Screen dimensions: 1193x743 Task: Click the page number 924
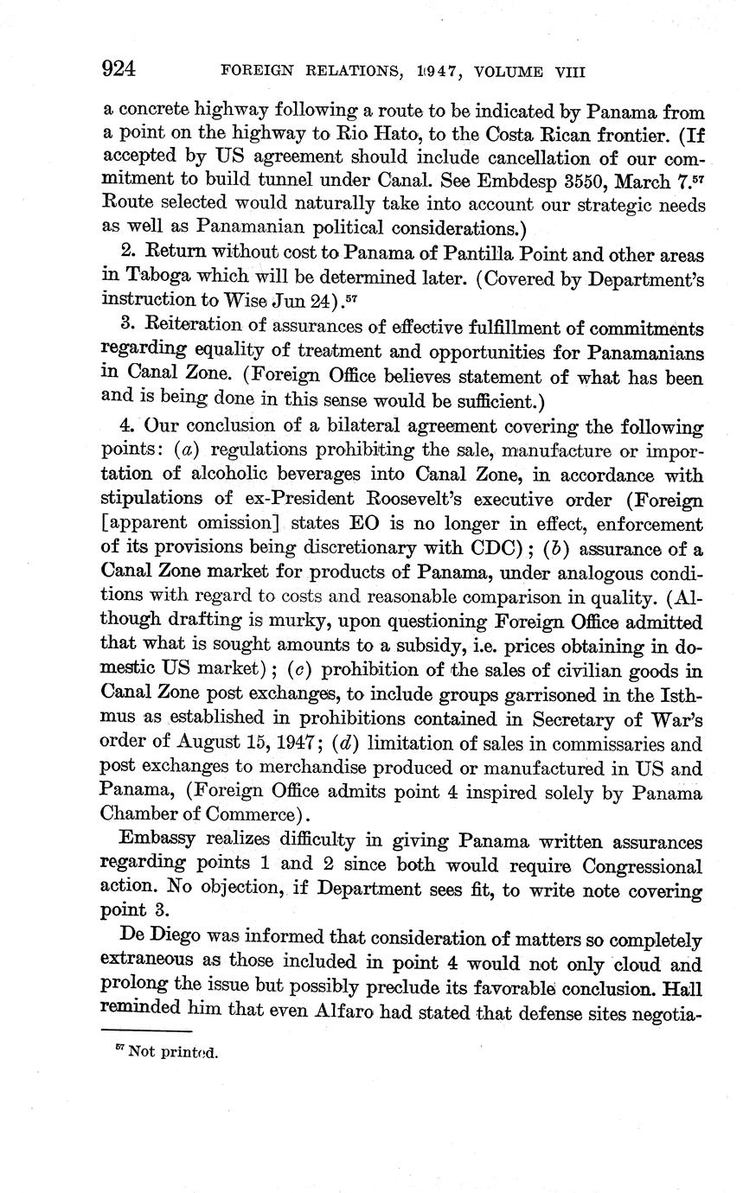pos(120,69)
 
